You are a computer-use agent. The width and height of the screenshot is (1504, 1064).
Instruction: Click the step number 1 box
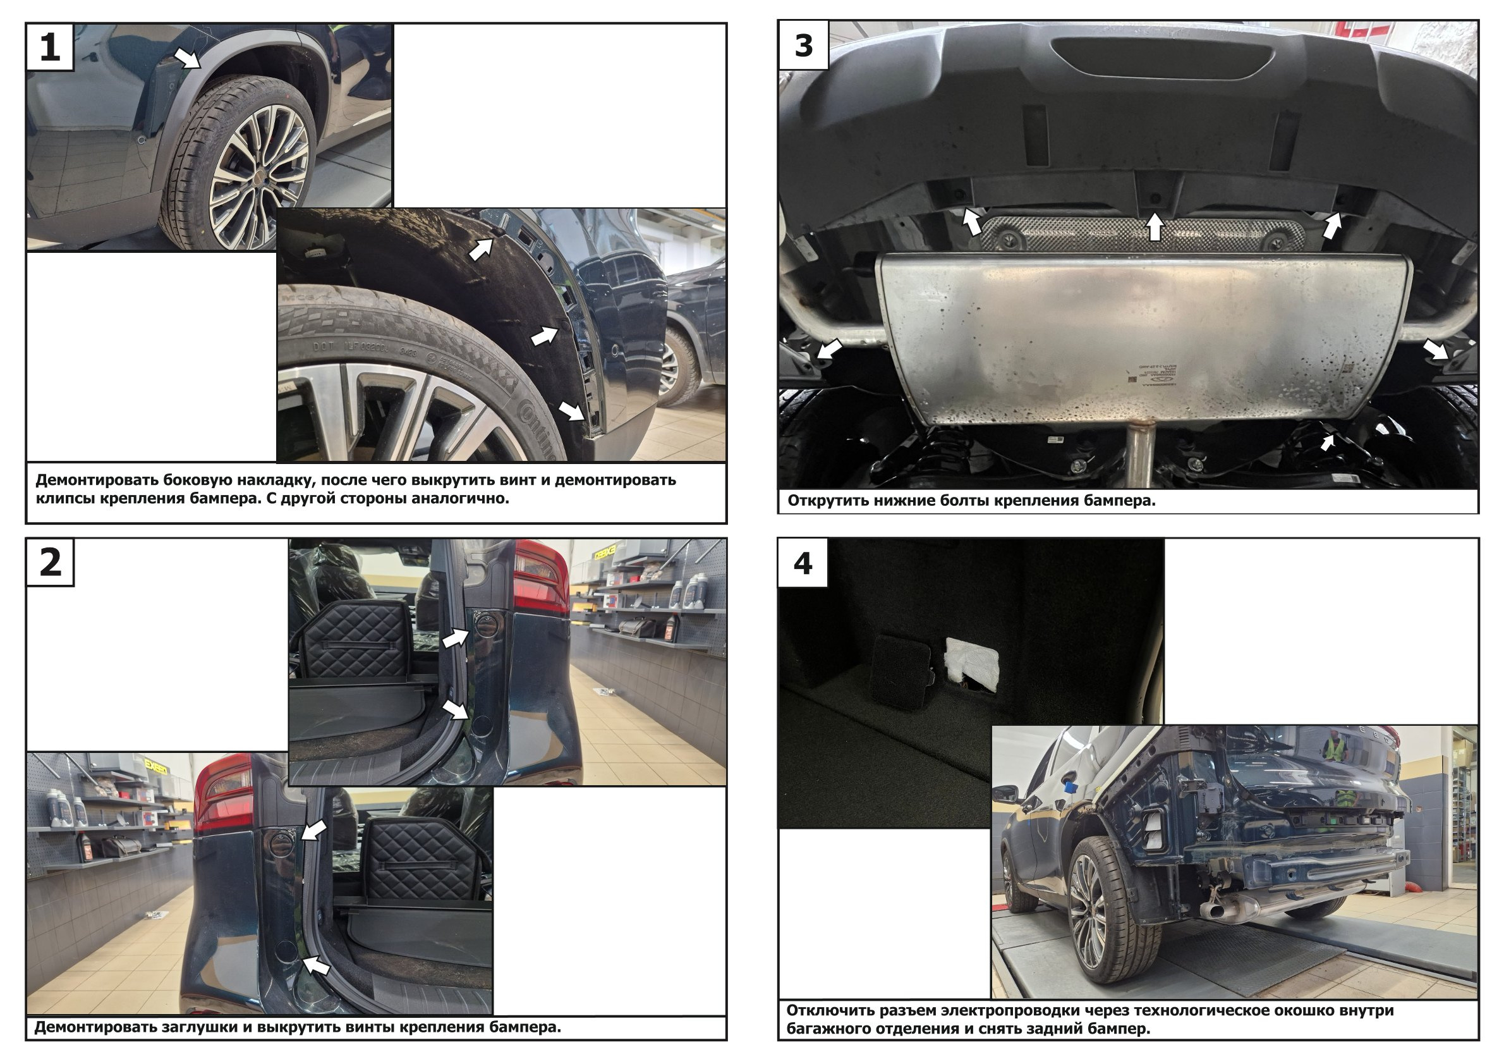click(x=50, y=47)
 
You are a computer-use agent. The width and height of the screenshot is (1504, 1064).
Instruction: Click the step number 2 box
click(x=50, y=562)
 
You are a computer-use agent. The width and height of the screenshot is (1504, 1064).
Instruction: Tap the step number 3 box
click(x=803, y=46)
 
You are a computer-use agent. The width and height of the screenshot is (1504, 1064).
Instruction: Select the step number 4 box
click(x=803, y=563)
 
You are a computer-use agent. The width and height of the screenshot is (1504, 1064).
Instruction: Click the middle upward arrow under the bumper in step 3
click(x=1154, y=227)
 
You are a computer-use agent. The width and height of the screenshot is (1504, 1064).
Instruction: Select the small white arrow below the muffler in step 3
click(x=1327, y=443)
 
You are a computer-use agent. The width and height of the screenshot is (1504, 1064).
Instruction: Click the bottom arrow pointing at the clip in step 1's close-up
click(x=571, y=411)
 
